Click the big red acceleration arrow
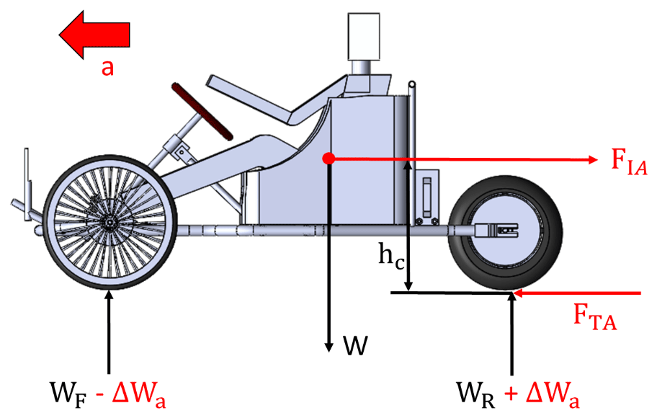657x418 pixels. [94, 33]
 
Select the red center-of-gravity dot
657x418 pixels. [328, 158]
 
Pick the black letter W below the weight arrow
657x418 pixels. [355, 347]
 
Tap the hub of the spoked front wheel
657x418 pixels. [109, 224]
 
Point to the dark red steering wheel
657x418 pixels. [203, 111]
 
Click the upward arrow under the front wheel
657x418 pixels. [109, 332]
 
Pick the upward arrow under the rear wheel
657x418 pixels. [512, 332]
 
